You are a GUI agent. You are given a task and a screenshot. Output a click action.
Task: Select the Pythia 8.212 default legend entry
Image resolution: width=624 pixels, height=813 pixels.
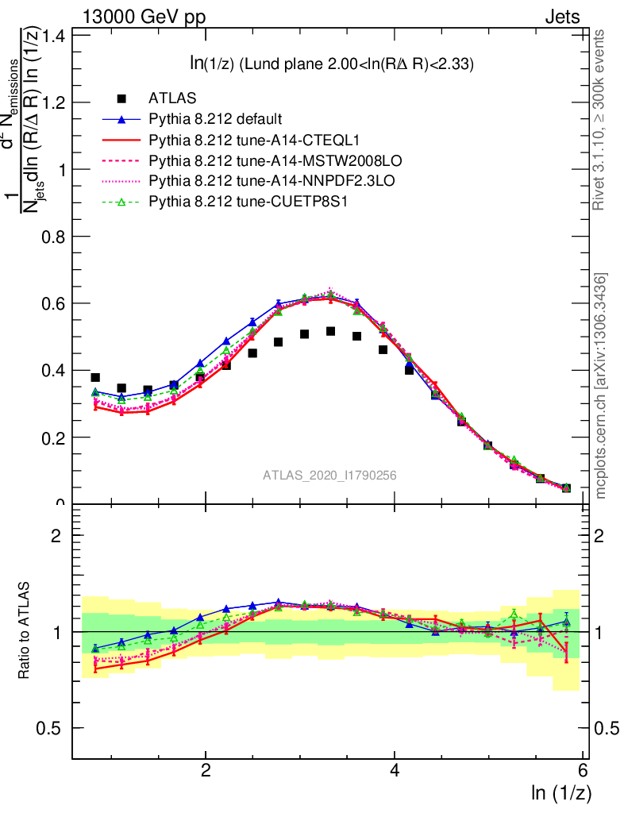214,120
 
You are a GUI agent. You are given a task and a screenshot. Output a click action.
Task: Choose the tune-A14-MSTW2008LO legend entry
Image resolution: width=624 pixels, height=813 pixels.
242,161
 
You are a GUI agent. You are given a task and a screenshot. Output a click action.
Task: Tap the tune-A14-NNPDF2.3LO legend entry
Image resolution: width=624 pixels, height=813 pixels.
243,182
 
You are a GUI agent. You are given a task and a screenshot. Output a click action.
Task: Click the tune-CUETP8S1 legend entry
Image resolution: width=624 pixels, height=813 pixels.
226,202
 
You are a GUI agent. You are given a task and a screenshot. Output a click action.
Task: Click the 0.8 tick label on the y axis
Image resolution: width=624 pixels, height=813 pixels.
55,237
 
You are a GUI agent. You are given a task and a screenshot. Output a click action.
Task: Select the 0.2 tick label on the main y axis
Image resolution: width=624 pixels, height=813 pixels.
55,437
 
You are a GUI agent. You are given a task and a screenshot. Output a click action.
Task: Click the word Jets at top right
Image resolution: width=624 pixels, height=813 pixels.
561,17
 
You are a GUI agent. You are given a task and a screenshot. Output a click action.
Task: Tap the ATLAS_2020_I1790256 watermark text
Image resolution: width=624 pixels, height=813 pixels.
329,476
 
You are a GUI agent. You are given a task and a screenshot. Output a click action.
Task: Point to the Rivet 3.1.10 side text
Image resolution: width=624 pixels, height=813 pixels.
599,120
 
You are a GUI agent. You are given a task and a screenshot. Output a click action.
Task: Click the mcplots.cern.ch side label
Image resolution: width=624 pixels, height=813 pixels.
600,385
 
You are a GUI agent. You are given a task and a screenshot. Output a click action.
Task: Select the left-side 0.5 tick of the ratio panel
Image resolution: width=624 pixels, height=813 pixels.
55,728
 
